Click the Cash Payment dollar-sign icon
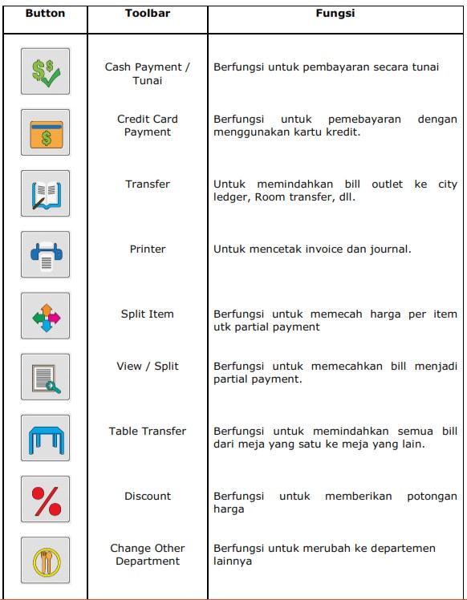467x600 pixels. (x=45, y=71)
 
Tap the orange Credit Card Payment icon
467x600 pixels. (x=45, y=132)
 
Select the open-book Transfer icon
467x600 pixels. (x=45, y=193)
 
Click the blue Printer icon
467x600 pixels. (x=45, y=254)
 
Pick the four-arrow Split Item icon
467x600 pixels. (x=45, y=315)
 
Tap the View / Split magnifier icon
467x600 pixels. (x=45, y=376)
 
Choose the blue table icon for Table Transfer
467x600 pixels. (x=45, y=437)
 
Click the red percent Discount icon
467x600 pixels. (x=45, y=498)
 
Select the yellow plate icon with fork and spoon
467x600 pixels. (x=45, y=559)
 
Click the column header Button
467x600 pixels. (x=45, y=14)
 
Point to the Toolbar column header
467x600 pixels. (x=148, y=14)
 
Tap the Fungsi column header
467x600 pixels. (x=335, y=14)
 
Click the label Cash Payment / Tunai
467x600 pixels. (x=148, y=74)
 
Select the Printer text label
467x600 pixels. (x=148, y=249)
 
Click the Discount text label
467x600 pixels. (x=148, y=496)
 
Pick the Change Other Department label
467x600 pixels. (x=148, y=554)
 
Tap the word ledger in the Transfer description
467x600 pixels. (x=231, y=197)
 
